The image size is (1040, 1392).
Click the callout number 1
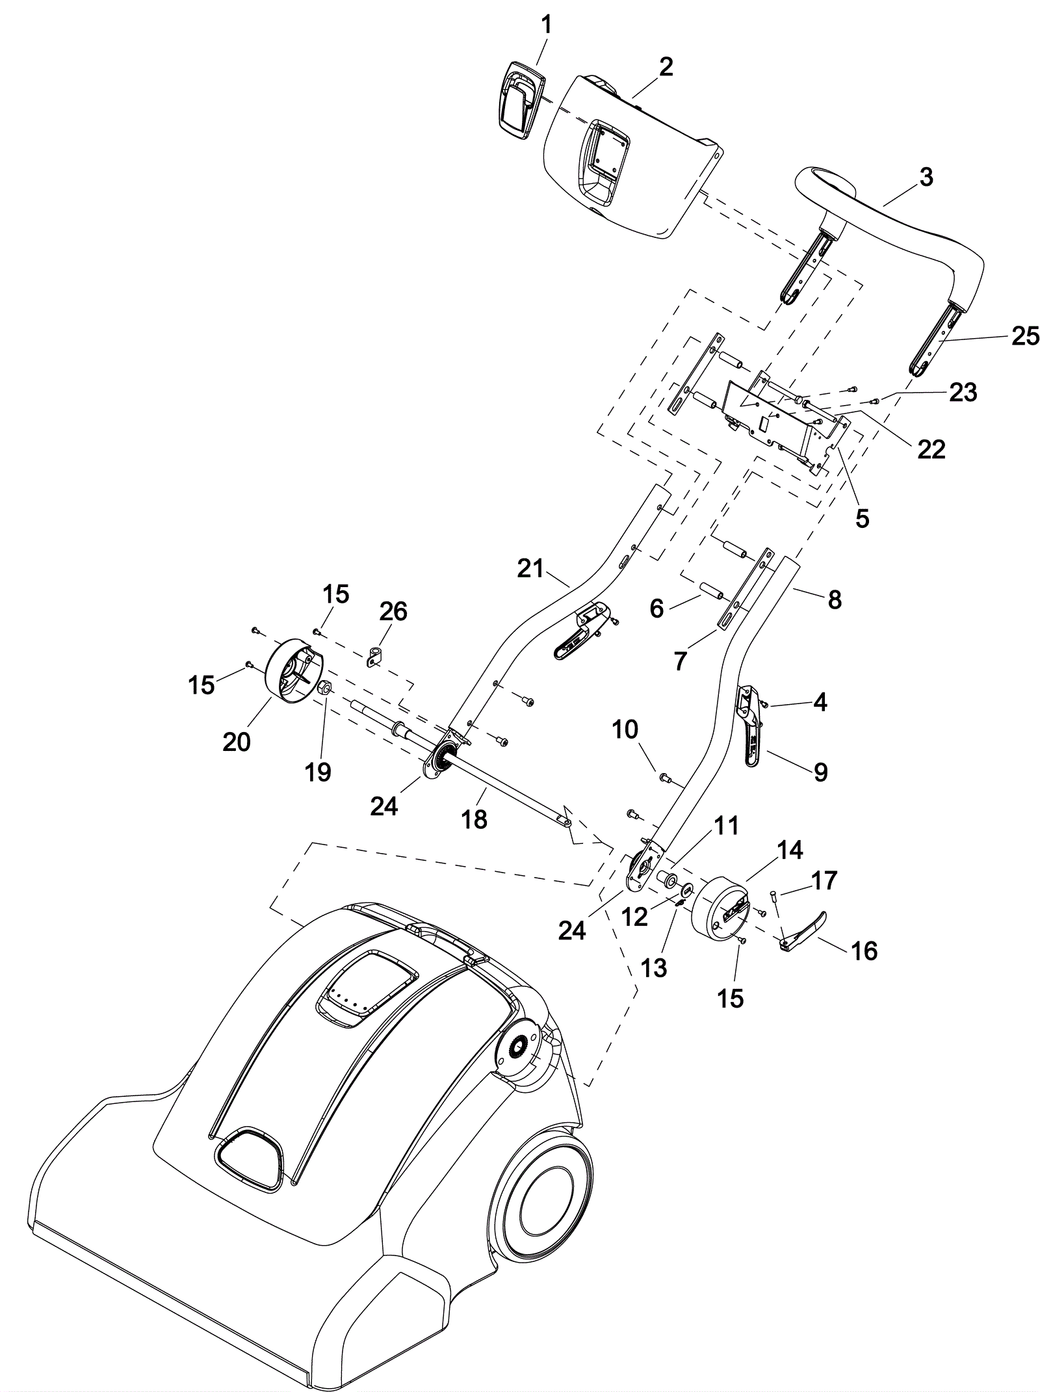tap(546, 25)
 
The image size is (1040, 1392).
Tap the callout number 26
tap(393, 611)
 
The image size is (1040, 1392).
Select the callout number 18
tap(474, 819)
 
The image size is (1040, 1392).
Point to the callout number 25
tap(1025, 336)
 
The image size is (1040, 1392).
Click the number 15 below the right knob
tap(729, 998)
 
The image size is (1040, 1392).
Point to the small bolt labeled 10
tap(664, 776)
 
